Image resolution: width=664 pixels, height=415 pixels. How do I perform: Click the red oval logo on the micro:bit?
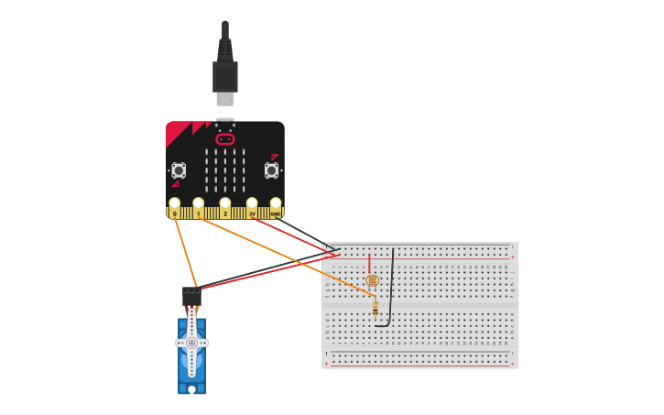click(225, 139)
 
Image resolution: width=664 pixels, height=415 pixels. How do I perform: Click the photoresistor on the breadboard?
click(371, 280)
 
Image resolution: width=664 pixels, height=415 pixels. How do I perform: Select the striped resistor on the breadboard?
click(376, 310)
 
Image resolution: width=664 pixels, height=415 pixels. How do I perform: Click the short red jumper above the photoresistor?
click(370, 263)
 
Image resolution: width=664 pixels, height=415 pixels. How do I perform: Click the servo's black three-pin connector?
click(190, 295)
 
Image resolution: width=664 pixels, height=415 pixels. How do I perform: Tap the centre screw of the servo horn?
click(191, 343)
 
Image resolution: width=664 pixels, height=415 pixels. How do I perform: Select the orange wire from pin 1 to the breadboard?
click(284, 253)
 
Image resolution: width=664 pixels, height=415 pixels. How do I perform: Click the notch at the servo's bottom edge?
click(191, 390)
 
